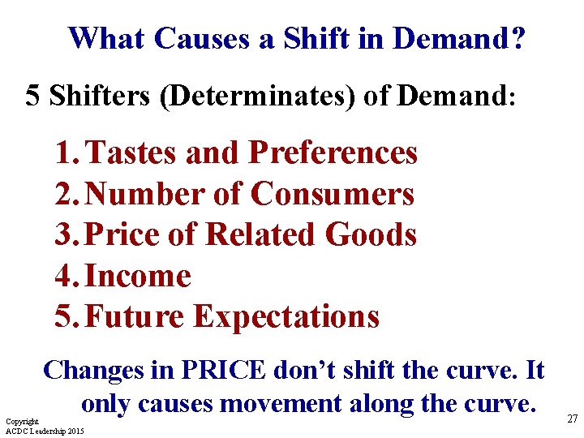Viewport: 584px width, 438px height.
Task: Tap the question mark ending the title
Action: [517, 37]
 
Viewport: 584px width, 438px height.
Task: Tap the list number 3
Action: [64, 234]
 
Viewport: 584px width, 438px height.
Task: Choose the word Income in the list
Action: [138, 276]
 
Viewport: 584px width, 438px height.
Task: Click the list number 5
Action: [64, 316]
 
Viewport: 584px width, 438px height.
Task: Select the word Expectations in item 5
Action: [286, 316]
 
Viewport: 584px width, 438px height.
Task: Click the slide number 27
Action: [573, 419]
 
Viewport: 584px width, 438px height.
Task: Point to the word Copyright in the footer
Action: [22, 422]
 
